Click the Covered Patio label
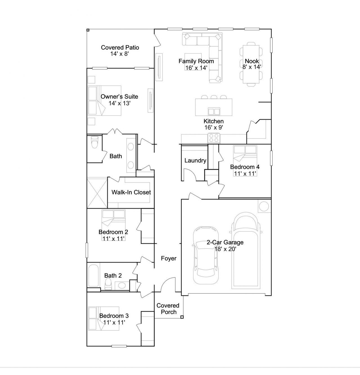point(120,47)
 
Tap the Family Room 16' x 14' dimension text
point(196,68)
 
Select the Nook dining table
point(251,64)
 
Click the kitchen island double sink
point(214,111)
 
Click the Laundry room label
point(195,160)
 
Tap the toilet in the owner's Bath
point(94,142)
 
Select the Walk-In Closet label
point(131,192)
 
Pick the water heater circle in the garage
point(264,206)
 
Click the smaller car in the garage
point(206,255)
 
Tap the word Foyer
point(169,258)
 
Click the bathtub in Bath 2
point(94,276)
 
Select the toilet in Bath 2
point(108,284)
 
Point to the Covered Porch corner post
point(182,317)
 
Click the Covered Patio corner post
point(88,30)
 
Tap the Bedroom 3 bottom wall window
point(119,346)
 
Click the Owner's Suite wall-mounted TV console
point(150,100)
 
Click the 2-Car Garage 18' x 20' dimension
point(226,249)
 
